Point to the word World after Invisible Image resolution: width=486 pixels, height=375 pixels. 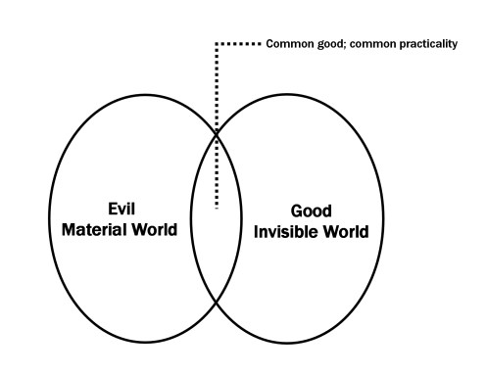[x=350, y=234]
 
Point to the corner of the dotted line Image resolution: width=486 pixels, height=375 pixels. [x=216, y=45]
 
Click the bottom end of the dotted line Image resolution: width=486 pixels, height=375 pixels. [x=216, y=207]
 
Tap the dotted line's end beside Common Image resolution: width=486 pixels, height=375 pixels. [x=261, y=45]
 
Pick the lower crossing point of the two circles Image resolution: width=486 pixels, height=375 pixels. [x=216, y=305]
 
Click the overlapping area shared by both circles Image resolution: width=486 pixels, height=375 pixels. [x=216, y=245]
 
